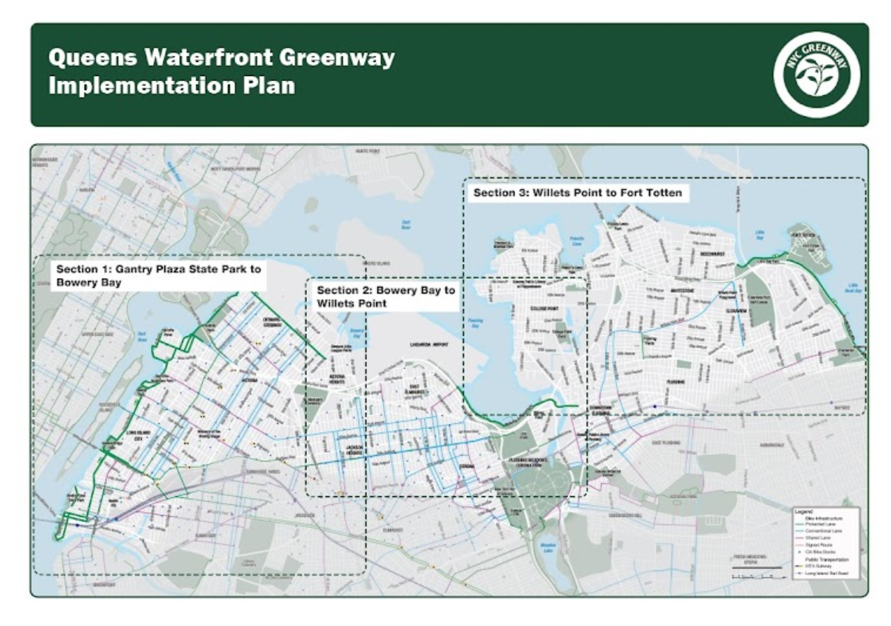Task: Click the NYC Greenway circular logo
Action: pos(817,74)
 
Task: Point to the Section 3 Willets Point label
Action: pos(578,193)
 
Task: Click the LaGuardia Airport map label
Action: pos(429,344)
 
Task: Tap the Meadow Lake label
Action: pos(547,546)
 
